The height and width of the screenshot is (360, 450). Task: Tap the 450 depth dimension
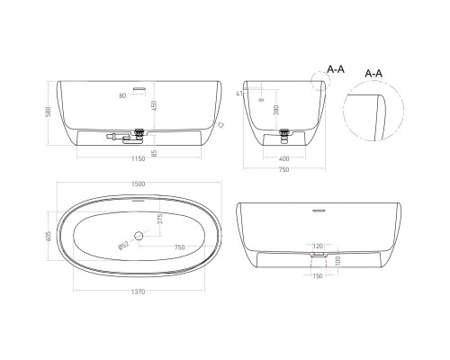[154, 107]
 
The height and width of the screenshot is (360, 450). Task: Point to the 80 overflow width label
[121, 94]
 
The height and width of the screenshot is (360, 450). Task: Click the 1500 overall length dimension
[139, 184]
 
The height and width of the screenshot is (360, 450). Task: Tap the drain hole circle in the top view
[139, 236]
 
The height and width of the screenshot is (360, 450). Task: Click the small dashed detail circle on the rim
[317, 84]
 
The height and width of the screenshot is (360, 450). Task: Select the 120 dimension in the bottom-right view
[316, 245]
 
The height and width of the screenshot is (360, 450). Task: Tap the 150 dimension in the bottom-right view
[316, 277]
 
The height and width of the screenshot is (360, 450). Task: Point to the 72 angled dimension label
[219, 125]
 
